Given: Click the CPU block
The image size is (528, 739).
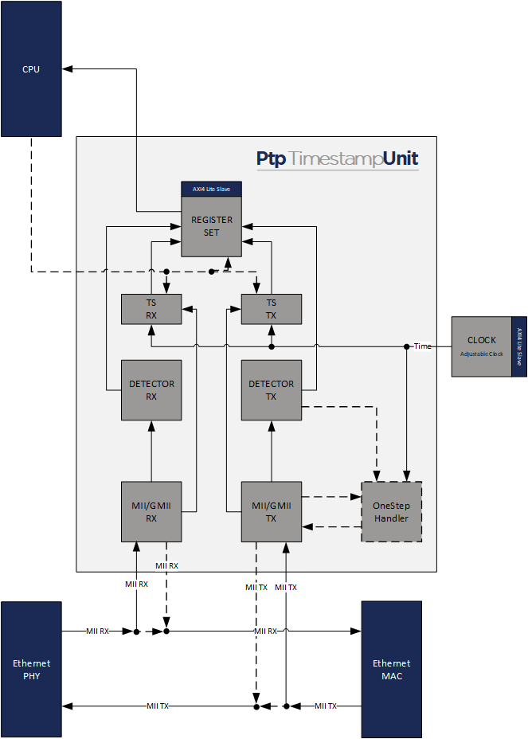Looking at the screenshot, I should click(x=31, y=69).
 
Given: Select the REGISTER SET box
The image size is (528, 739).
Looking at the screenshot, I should click(x=211, y=226).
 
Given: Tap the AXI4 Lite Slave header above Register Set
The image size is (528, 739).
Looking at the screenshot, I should click(x=211, y=189).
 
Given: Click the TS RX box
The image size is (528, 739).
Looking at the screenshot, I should click(x=151, y=309).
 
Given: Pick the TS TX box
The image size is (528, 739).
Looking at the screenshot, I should click(x=272, y=309).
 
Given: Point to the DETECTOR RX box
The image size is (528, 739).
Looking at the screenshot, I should click(x=151, y=390).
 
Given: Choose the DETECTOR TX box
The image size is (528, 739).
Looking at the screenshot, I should click(x=272, y=390).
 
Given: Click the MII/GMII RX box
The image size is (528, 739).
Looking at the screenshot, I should click(x=151, y=511).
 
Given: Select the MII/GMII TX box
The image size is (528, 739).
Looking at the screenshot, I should click(x=272, y=511).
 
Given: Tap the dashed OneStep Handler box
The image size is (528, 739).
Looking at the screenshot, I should click(x=391, y=511).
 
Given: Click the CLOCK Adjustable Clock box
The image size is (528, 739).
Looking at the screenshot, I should click(x=481, y=346).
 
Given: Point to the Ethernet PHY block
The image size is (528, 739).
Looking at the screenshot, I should click(x=31, y=669).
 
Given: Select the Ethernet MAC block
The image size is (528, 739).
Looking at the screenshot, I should click(x=391, y=669).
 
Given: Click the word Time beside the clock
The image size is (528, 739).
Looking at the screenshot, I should click(x=422, y=346).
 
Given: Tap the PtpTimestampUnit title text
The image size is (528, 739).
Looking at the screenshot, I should click(x=337, y=158).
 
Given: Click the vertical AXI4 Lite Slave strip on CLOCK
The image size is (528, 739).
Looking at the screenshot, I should click(x=519, y=346).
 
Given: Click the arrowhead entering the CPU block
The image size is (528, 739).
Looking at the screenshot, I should click(x=66, y=69).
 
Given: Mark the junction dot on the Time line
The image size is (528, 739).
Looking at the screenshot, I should click(x=407, y=346).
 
